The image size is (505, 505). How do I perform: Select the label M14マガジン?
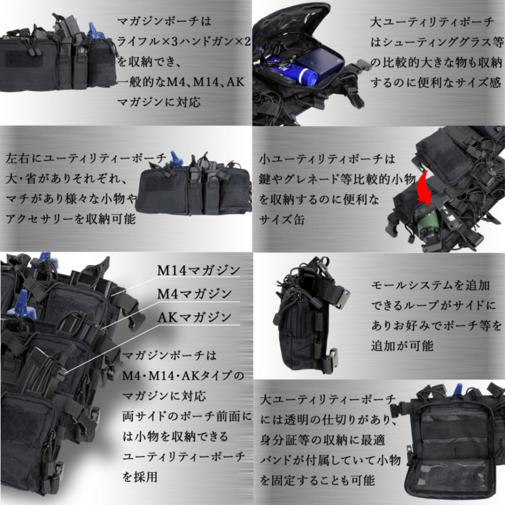click(x=199, y=270)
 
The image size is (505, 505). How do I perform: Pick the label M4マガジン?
click(x=194, y=294)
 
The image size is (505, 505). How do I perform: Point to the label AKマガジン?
click(x=194, y=317)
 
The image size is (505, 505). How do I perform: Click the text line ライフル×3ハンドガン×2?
click(x=184, y=41)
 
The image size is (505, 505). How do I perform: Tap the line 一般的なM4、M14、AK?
click(x=181, y=82)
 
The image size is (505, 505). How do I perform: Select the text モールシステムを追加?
click(x=430, y=285)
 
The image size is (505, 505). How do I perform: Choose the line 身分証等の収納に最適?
click(x=323, y=440)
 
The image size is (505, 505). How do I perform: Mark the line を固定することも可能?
click(x=317, y=480)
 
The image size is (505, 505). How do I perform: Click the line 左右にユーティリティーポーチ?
click(x=86, y=159)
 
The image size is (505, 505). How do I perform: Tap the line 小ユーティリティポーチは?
click(x=327, y=159)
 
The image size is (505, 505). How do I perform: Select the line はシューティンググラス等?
click(x=436, y=42)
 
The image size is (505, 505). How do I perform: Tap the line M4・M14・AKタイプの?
click(x=183, y=375)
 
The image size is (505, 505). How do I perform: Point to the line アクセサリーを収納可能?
click(x=70, y=219)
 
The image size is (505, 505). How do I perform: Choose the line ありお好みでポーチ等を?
click(x=436, y=326)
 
